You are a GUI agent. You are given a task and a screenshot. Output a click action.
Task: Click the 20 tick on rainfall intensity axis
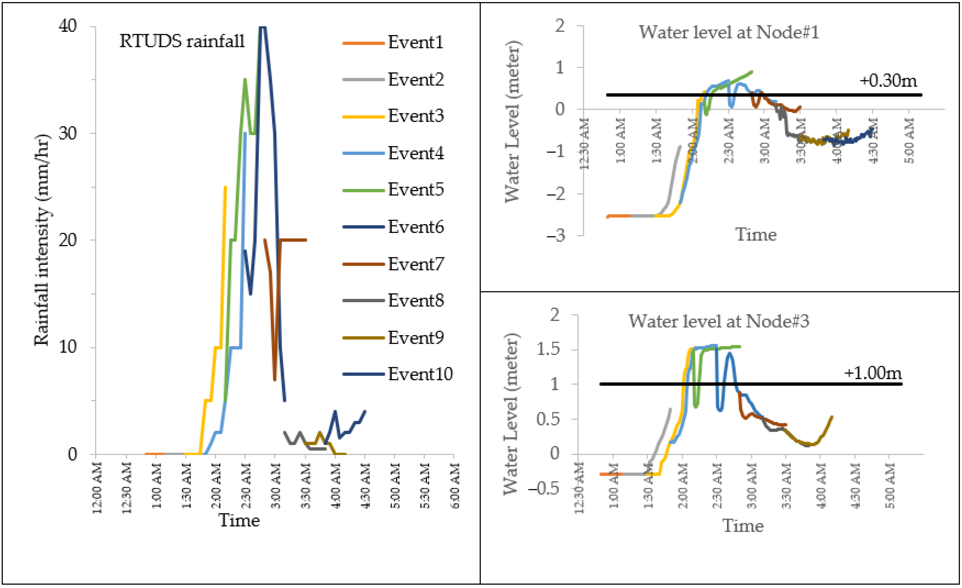(68, 240)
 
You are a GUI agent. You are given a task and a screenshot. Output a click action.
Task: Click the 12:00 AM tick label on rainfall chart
(97, 488)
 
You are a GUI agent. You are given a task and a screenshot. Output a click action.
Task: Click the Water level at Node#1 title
(729, 32)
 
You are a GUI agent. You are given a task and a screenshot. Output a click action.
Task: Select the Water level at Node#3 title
(718, 321)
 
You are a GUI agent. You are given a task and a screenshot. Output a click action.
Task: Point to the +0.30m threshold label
(888, 80)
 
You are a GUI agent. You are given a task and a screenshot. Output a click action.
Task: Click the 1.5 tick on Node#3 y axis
(548, 349)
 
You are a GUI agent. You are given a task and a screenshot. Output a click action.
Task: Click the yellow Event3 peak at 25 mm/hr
(225, 188)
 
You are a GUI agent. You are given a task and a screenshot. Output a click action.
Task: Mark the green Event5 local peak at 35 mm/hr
(245, 80)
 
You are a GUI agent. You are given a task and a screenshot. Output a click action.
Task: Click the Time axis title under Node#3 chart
(743, 526)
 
